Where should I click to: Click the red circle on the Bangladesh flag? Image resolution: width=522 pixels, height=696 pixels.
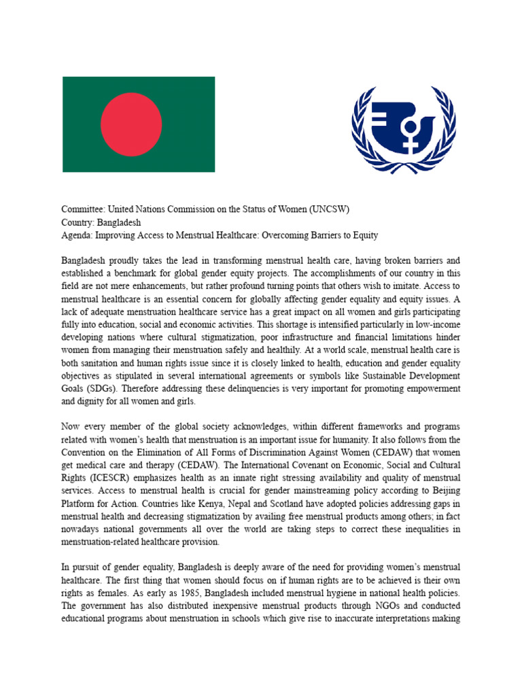point(131,124)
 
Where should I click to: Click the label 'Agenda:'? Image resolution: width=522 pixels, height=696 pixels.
point(77,235)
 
